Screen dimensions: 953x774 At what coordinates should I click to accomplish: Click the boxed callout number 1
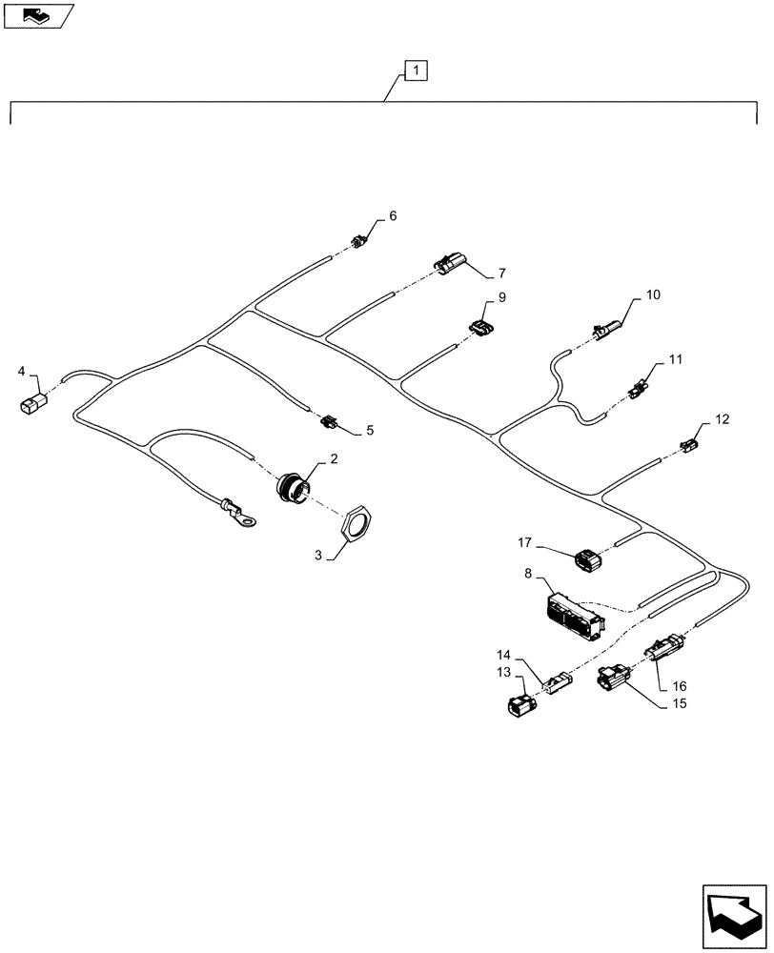click(416, 70)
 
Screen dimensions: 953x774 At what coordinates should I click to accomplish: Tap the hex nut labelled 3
click(356, 523)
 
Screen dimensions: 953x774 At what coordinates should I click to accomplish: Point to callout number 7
click(500, 274)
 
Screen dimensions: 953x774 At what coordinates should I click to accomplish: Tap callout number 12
click(722, 419)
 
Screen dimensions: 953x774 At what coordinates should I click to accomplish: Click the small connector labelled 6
click(357, 242)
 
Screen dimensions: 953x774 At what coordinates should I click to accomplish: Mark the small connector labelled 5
click(330, 420)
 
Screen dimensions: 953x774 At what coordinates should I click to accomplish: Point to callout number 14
click(503, 655)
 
